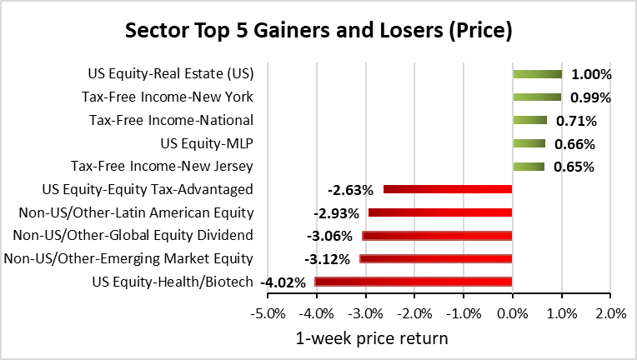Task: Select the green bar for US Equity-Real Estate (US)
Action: [x=537, y=74]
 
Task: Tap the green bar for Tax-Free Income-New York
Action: [x=537, y=97]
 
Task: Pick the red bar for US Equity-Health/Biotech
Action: [x=413, y=282]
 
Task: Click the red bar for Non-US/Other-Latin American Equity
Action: [x=439, y=212]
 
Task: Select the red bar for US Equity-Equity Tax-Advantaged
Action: [x=447, y=189]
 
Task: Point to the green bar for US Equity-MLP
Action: [x=529, y=143]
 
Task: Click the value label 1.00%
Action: [x=592, y=74]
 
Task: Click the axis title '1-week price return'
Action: [x=373, y=338]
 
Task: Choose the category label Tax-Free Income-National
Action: [x=171, y=120]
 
